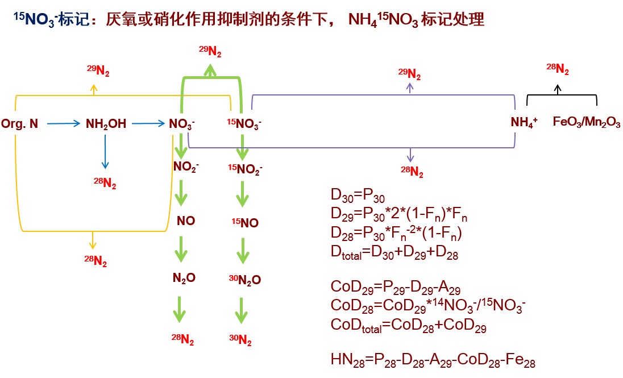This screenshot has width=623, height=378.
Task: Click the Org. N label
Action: click(20, 123)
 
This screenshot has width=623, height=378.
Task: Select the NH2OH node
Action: click(106, 123)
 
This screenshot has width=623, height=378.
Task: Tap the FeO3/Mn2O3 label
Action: click(586, 123)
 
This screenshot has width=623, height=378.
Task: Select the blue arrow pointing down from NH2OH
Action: click(105, 151)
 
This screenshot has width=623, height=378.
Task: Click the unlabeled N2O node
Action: click(184, 278)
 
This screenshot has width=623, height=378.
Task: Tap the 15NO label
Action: click(244, 223)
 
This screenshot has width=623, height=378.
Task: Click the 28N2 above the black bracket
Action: click(558, 69)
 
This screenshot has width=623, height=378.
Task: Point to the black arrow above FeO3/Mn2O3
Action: click(558, 88)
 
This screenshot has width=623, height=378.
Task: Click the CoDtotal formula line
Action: click(408, 326)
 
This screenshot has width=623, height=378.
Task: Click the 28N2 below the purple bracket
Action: click(412, 171)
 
